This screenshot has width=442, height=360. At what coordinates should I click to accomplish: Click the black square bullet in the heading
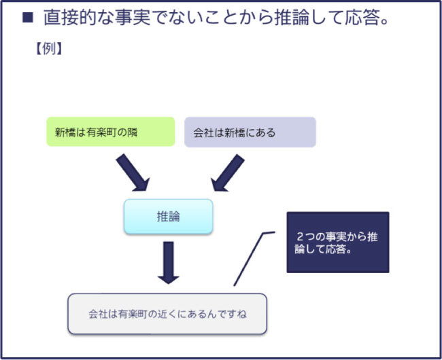27,18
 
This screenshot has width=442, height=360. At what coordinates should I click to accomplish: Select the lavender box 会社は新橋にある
250,132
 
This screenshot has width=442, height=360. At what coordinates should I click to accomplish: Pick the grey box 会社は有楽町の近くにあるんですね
167,314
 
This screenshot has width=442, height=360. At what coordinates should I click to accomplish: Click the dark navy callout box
337,242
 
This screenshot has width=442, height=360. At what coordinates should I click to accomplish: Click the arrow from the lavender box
226,173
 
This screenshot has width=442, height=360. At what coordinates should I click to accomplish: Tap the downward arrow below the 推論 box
167,262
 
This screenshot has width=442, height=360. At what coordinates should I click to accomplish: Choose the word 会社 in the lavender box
204,132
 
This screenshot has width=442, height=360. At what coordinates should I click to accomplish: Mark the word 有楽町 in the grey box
130,314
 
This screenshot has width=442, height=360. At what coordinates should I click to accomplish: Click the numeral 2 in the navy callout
301,236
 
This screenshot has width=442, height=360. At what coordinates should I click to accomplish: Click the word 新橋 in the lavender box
234,132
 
